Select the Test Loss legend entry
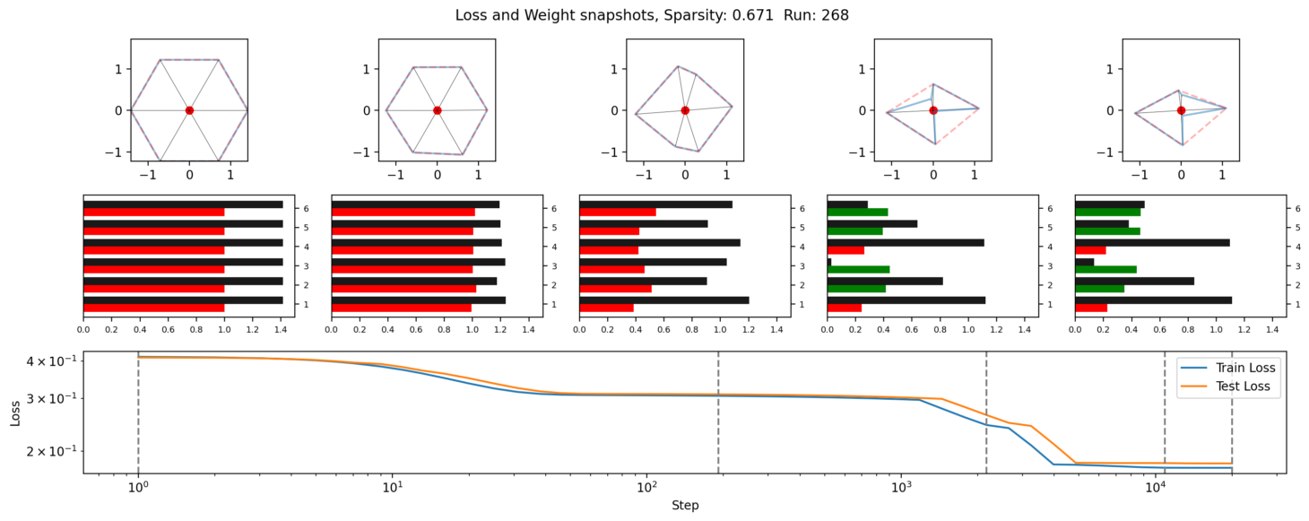(x=1242, y=387)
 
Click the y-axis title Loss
(x=15, y=412)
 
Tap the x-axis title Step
(x=685, y=505)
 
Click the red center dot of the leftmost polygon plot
(x=189, y=110)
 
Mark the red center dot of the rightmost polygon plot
(x=1181, y=110)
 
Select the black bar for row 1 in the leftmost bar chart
(x=183, y=300)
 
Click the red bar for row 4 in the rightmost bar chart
(x=1090, y=250)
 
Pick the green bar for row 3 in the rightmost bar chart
(x=1105, y=269)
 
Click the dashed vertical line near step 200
(x=718, y=412)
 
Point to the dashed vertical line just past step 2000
(x=986, y=412)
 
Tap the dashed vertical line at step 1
(x=138, y=412)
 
